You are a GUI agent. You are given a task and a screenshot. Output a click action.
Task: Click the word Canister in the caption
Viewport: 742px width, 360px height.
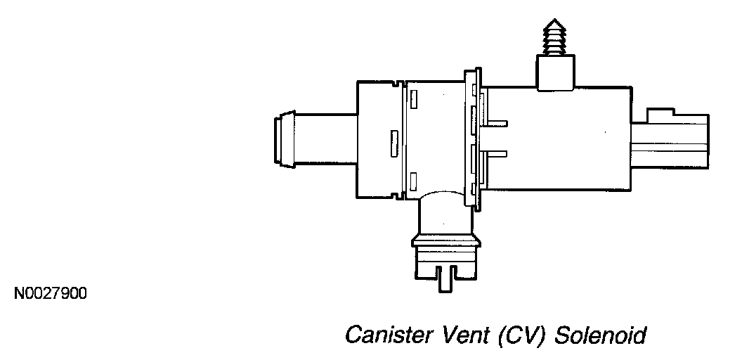point(385,335)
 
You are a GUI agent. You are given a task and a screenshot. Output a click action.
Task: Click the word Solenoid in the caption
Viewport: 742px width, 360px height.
point(600,335)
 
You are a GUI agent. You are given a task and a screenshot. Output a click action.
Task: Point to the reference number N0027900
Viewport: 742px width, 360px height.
point(50,292)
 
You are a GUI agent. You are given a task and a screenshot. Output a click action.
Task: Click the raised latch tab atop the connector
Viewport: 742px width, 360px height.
point(662,114)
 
